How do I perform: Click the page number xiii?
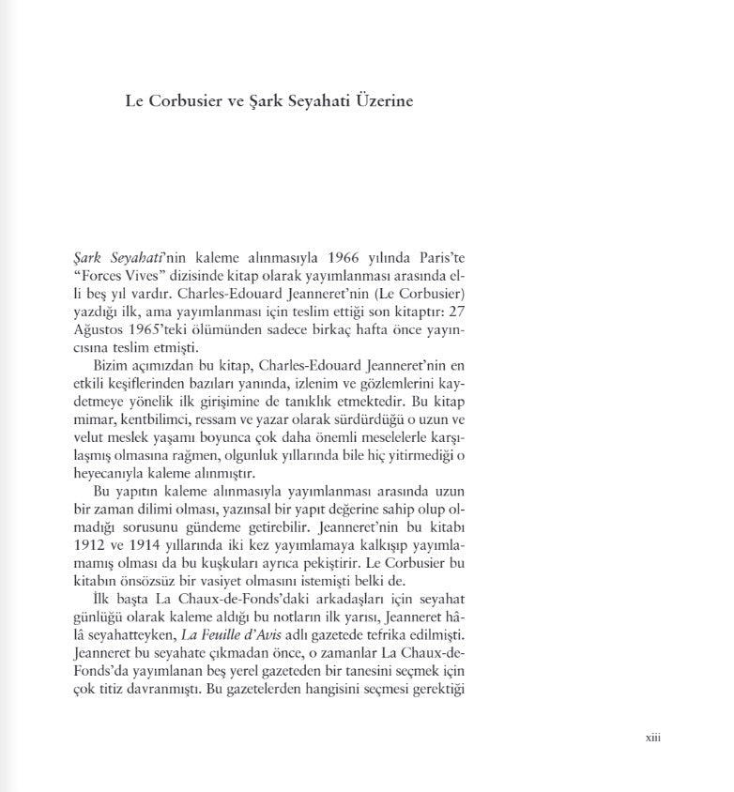pos(653,738)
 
